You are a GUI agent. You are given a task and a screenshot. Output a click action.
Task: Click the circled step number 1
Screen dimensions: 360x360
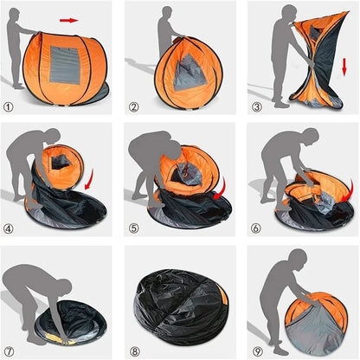pyautogui.click(x=9, y=108)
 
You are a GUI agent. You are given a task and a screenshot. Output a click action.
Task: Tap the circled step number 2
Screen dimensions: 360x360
pyautogui.click(x=133, y=108)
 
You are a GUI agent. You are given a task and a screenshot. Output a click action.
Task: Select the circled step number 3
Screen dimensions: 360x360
pyautogui.click(x=257, y=108)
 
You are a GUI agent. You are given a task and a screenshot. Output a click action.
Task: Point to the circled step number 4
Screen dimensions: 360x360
pyautogui.click(x=9, y=229)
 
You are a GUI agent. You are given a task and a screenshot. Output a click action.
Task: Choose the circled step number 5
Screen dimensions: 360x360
pyautogui.click(x=133, y=229)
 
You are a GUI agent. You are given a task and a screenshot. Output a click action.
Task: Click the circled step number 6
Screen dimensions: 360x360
pyautogui.click(x=257, y=229)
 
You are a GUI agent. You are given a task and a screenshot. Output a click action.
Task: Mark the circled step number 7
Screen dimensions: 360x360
pyautogui.click(x=9, y=350)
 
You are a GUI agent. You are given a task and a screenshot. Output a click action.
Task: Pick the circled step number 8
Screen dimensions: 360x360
pyautogui.click(x=133, y=350)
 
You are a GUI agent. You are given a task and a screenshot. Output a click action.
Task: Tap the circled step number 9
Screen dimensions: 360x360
pyautogui.click(x=257, y=350)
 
